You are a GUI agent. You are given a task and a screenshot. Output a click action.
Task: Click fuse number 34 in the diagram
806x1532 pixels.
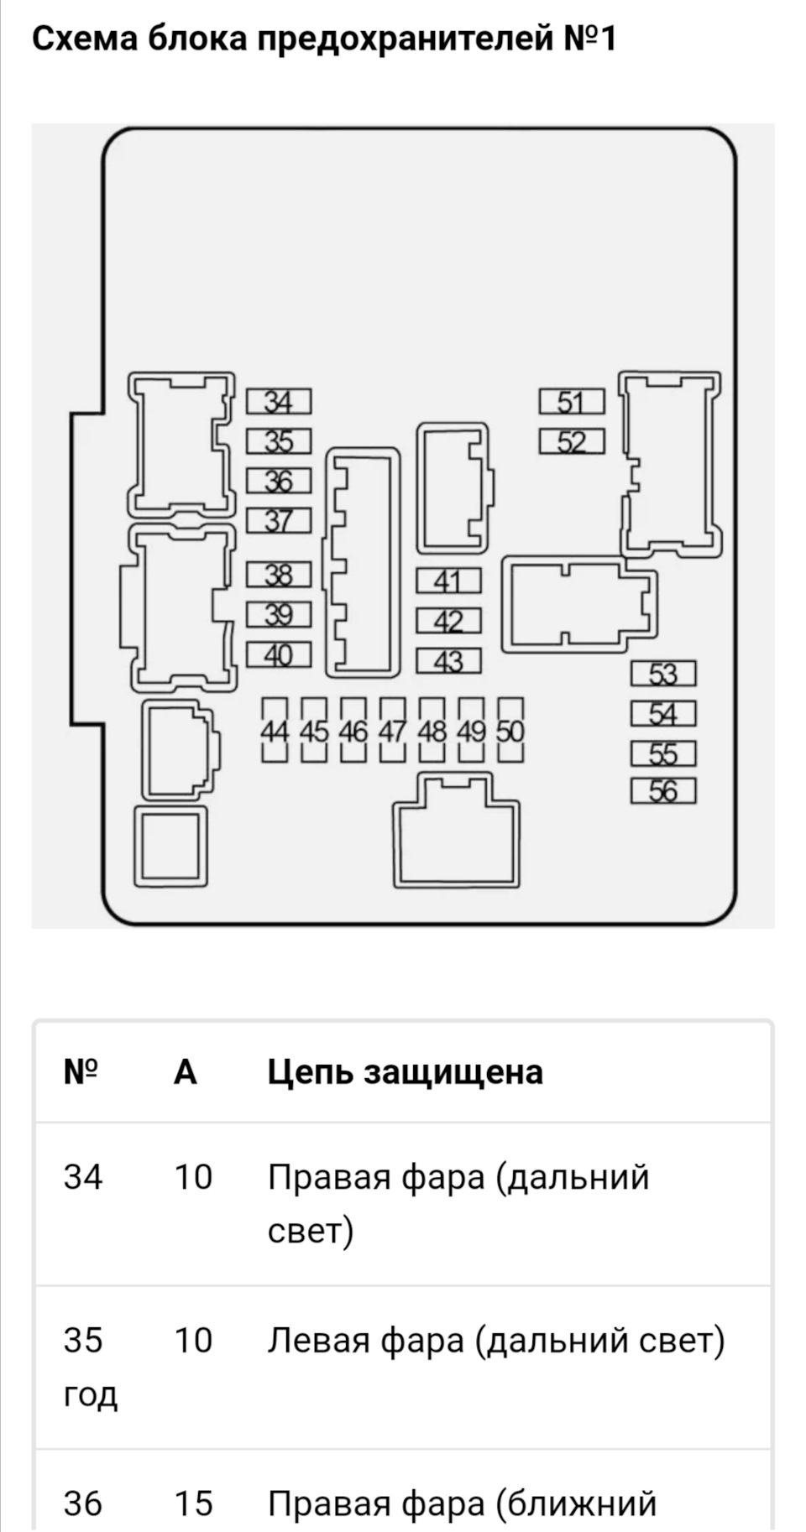[279, 402]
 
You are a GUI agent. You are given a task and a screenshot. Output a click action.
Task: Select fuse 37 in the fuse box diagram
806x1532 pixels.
[279, 521]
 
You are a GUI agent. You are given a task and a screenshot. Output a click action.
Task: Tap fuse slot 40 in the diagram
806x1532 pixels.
[279, 654]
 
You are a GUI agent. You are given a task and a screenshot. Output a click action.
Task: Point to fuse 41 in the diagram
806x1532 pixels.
[449, 581]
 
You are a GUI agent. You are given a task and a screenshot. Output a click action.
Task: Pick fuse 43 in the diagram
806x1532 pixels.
[449, 661]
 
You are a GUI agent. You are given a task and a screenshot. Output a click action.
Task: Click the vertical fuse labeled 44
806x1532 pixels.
[275, 730]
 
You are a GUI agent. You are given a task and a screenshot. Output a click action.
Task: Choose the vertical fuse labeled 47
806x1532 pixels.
[392, 730]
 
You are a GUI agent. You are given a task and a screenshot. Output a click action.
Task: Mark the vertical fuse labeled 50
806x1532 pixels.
[510, 730]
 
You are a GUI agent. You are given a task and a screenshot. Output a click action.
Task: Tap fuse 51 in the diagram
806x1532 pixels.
[572, 402]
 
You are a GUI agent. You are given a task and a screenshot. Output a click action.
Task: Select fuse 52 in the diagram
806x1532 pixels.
[572, 441]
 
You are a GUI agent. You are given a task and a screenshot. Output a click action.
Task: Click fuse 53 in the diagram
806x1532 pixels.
[663, 674]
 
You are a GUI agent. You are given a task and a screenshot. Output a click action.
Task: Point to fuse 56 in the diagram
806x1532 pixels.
[663, 791]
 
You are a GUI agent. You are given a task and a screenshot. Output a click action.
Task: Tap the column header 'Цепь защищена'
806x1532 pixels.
[406, 1072]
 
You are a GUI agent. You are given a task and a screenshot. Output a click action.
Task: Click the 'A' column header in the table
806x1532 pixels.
[186, 1071]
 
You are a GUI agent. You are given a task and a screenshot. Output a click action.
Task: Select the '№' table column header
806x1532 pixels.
[81, 1071]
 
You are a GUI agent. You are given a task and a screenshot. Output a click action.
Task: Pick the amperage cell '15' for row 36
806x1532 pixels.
[193, 1503]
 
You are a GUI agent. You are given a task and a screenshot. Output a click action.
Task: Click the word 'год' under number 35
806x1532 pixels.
[91, 1394]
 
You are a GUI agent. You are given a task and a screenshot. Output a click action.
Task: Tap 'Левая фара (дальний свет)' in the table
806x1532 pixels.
[496, 1340]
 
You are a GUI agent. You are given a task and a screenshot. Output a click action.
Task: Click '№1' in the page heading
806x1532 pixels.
[591, 39]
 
